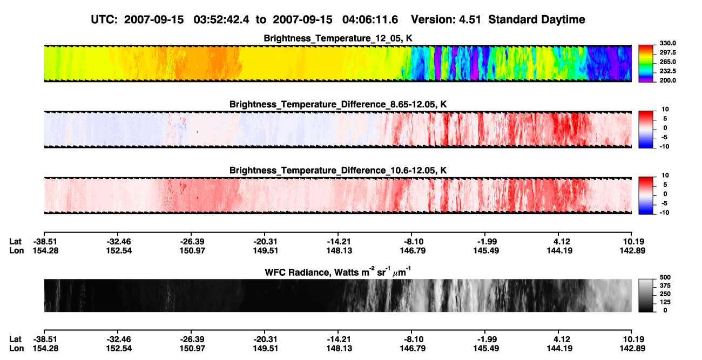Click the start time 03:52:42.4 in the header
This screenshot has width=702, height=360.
click(221, 20)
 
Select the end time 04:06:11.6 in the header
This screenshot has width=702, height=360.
click(370, 20)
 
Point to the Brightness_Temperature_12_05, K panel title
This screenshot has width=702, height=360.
click(338, 38)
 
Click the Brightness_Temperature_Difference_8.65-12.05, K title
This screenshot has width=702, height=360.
click(338, 104)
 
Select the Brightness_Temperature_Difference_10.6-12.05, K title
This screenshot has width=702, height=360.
click(338, 171)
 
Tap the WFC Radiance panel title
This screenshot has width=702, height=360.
click(337, 272)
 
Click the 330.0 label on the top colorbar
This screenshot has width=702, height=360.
click(667, 43)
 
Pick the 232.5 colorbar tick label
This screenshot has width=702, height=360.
click(667, 71)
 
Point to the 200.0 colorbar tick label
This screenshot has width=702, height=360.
click(667, 80)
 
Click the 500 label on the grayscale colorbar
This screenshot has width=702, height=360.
click(665, 277)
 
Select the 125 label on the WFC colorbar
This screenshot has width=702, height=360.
click(665, 302)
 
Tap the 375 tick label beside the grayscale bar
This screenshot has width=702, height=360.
click(665, 286)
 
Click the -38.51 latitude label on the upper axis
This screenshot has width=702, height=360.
click(45, 242)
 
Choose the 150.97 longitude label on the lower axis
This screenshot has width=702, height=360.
click(192, 349)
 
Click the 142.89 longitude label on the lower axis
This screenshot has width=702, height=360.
click(632, 349)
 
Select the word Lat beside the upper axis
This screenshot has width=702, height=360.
click(15, 242)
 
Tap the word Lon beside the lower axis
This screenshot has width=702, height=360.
click(17, 349)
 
